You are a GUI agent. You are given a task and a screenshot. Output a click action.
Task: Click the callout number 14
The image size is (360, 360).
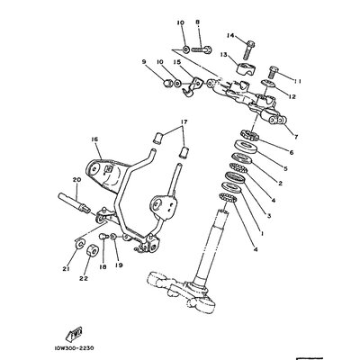point(230,36)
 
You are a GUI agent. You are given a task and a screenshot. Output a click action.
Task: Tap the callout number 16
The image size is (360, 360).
point(94,139)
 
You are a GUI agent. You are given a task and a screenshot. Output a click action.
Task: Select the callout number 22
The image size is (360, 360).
point(84,278)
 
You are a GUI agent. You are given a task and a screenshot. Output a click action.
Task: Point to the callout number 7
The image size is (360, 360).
point(296,137)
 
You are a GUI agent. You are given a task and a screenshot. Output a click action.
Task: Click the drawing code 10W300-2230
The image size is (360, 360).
point(74,348)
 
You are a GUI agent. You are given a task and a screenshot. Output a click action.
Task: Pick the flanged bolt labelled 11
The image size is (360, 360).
point(273,72)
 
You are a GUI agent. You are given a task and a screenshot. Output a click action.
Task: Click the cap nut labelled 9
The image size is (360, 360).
point(169,83)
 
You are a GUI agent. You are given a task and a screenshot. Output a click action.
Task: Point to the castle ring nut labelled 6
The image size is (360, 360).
point(249,134)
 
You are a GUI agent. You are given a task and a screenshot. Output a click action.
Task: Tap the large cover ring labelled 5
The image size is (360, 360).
point(246,147)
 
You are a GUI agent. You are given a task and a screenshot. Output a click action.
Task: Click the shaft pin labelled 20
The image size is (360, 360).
point(73,202)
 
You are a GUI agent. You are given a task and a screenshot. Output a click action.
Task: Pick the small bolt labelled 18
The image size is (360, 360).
point(103,238)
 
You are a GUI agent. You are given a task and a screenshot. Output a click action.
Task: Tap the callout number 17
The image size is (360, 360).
point(184,121)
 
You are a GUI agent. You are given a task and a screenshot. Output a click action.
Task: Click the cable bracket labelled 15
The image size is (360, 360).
point(192,87)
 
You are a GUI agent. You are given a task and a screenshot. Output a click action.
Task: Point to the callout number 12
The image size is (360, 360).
point(292,96)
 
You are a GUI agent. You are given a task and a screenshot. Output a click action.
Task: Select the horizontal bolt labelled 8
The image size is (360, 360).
point(202,49)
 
